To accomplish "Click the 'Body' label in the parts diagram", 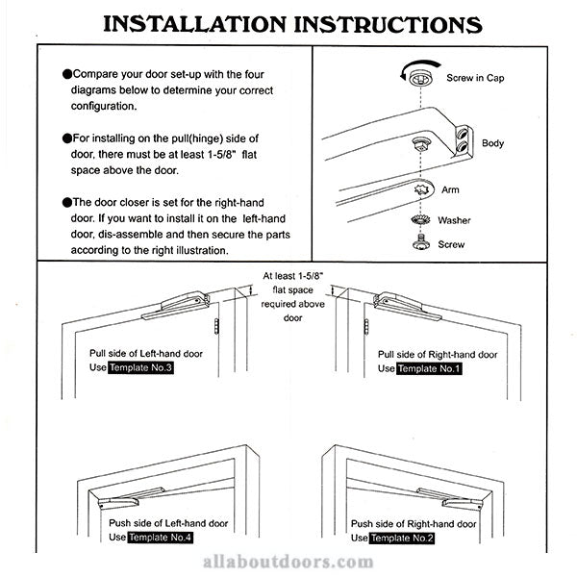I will [492, 143].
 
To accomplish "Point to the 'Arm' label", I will [450, 190].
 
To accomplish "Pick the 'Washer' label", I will [454, 220].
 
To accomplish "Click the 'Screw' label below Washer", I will [451, 244].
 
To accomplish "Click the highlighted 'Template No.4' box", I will [160, 537].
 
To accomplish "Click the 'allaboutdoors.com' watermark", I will [288, 564].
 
